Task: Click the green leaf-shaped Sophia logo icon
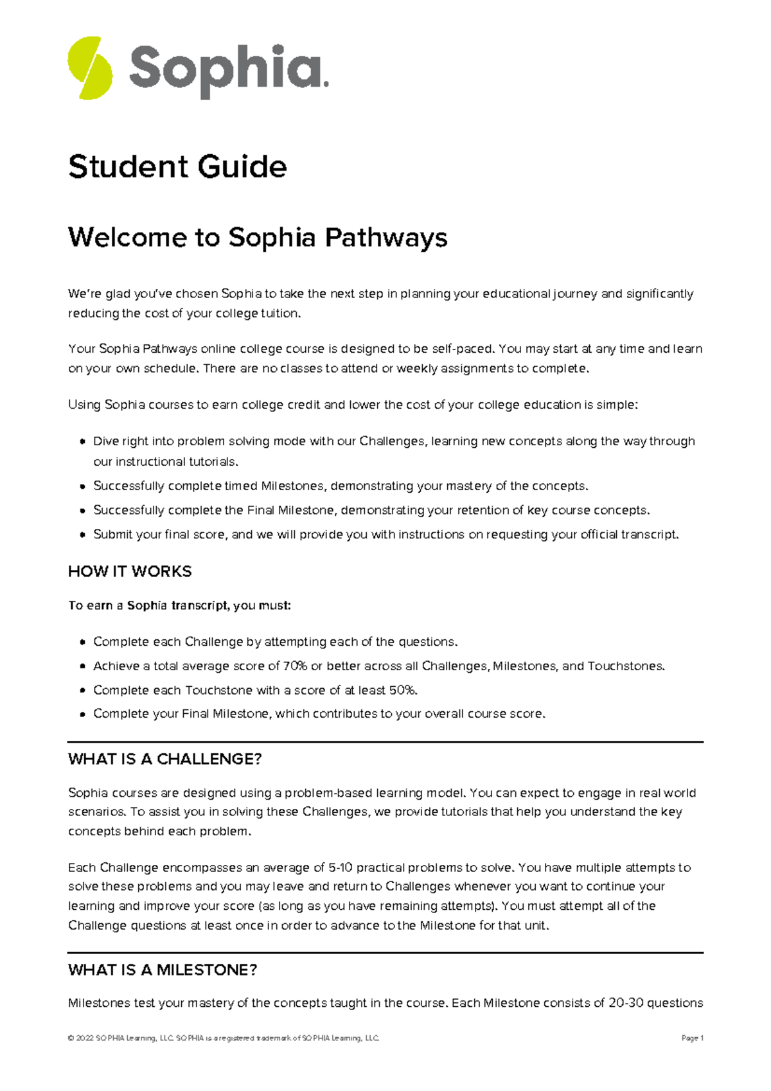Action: click(x=90, y=68)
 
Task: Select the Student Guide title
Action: click(x=177, y=167)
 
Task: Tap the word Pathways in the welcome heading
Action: click(x=385, y=238)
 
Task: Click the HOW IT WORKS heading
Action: click(x=130, y=571)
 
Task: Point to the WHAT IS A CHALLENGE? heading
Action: click(x=164, y=759)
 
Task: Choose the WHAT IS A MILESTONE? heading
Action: click(x=163, y=970)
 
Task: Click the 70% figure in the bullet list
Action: click(x=295, y=666)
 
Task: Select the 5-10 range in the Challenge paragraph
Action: click(x=340, y=867)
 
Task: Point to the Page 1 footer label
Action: click(x=692, y=1038)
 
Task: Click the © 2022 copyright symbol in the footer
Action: click(x=71, y=1038)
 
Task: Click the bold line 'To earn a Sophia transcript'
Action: click(x=180, y=605)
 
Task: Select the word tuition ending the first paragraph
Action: click(x=279, y=314)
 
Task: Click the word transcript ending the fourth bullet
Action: click(x=649, y=535)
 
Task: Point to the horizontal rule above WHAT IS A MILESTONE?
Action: click(x=385, y=953)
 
